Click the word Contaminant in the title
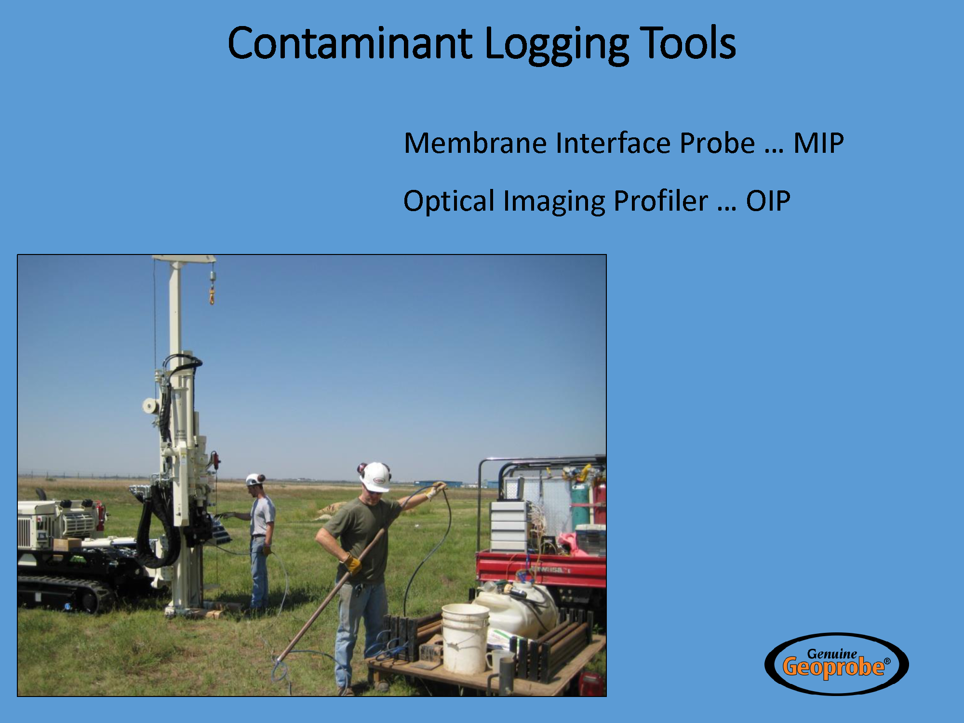349,43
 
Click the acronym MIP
818,143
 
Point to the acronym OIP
768,201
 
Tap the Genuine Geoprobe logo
836,664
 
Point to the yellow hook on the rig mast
212,295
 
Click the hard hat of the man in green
375,477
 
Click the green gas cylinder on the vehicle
580,501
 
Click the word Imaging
554,201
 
